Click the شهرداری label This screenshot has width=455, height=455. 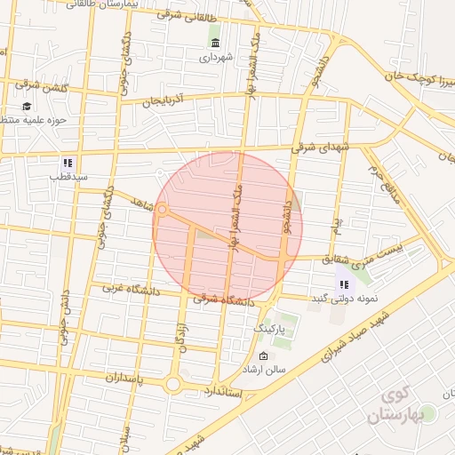tap(215, 58)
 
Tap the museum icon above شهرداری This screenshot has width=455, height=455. tap(215, 43)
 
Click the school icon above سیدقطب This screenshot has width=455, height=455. tap(67, 163)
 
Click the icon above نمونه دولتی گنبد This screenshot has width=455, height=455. tap(342, 284)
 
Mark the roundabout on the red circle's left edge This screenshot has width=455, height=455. tap(163, 210)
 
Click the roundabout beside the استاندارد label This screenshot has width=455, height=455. tap(173, 384)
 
